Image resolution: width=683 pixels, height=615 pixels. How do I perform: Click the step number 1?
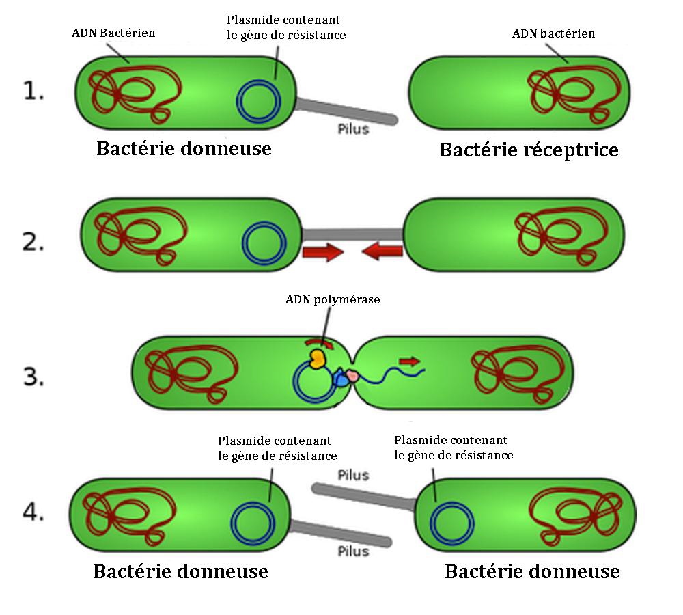point(33,90)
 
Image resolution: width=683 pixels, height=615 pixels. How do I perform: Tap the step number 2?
point(33,242)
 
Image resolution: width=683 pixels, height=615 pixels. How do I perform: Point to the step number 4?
point(33,512)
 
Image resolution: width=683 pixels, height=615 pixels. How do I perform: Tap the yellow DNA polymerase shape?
point(317,359)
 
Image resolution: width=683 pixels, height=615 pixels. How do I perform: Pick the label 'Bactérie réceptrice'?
point(529,150)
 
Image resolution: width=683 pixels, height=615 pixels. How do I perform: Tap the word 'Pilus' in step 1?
point(353,128)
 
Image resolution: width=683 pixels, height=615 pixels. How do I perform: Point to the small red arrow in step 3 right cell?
point(410,359)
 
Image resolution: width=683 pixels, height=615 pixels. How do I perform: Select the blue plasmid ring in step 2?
point(264,245)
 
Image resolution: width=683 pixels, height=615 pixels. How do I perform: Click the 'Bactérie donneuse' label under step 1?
point(184,148)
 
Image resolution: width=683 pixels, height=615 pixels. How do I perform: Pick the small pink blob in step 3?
point(351,375)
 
